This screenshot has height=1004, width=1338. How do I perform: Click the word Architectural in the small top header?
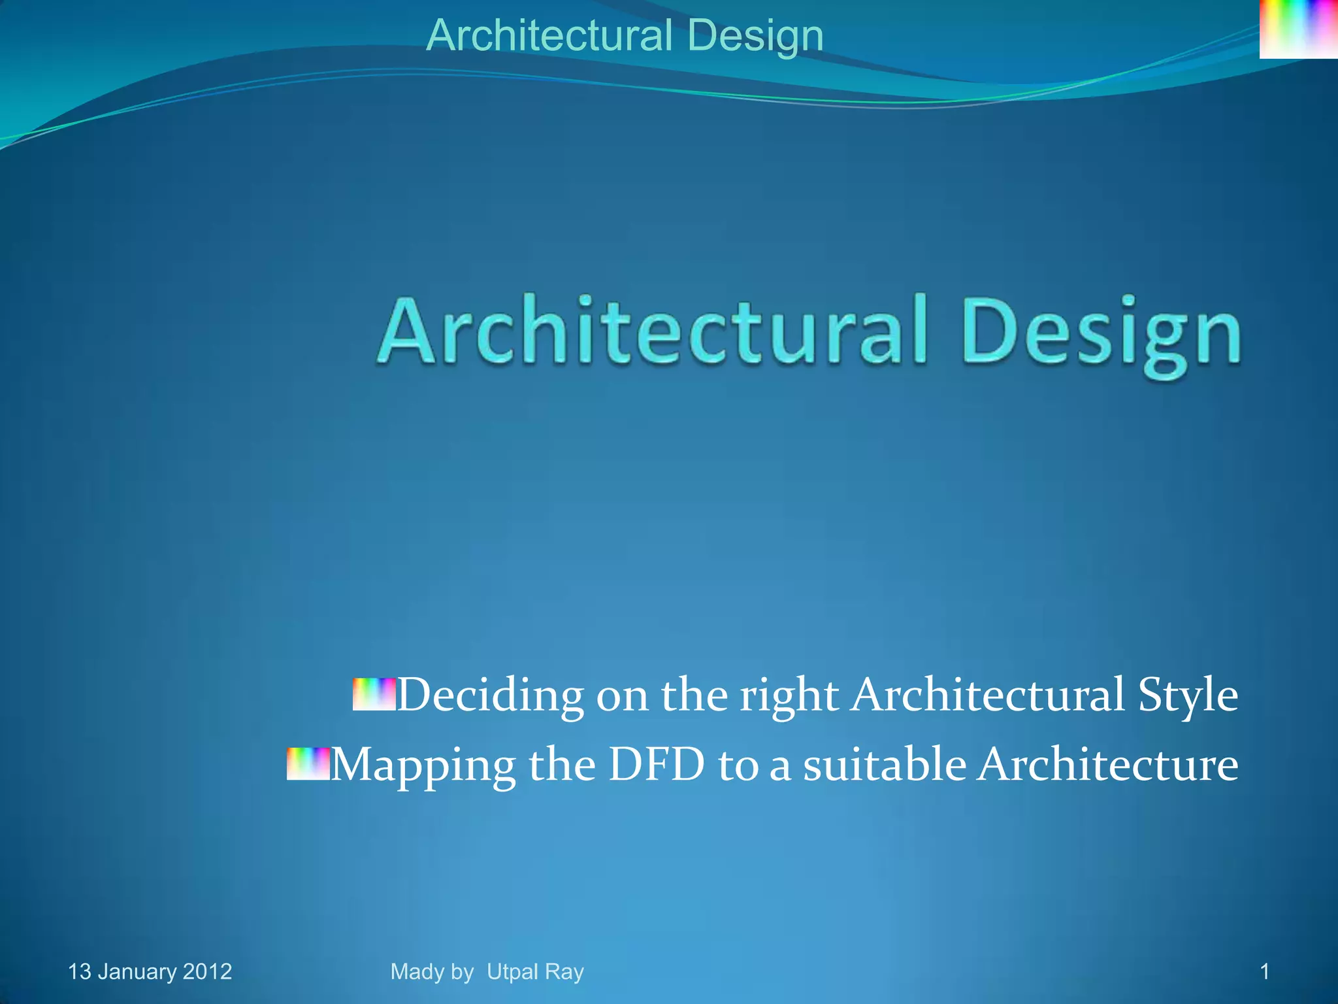[549, 35]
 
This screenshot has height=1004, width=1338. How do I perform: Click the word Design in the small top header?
[755, 37]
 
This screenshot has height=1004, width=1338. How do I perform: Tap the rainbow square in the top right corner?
[1298, 29]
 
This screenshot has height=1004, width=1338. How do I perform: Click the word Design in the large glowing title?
[1101, 333]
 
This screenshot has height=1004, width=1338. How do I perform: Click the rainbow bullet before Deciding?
[374, 694]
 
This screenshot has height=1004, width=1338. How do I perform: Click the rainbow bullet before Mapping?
[308, 764]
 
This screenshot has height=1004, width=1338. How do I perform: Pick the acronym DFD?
[657, 764]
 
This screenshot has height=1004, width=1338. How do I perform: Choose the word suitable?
[885, 764]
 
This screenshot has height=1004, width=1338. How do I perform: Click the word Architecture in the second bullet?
[1107, 764]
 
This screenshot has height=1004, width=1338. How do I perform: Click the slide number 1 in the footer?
[1264, 972]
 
